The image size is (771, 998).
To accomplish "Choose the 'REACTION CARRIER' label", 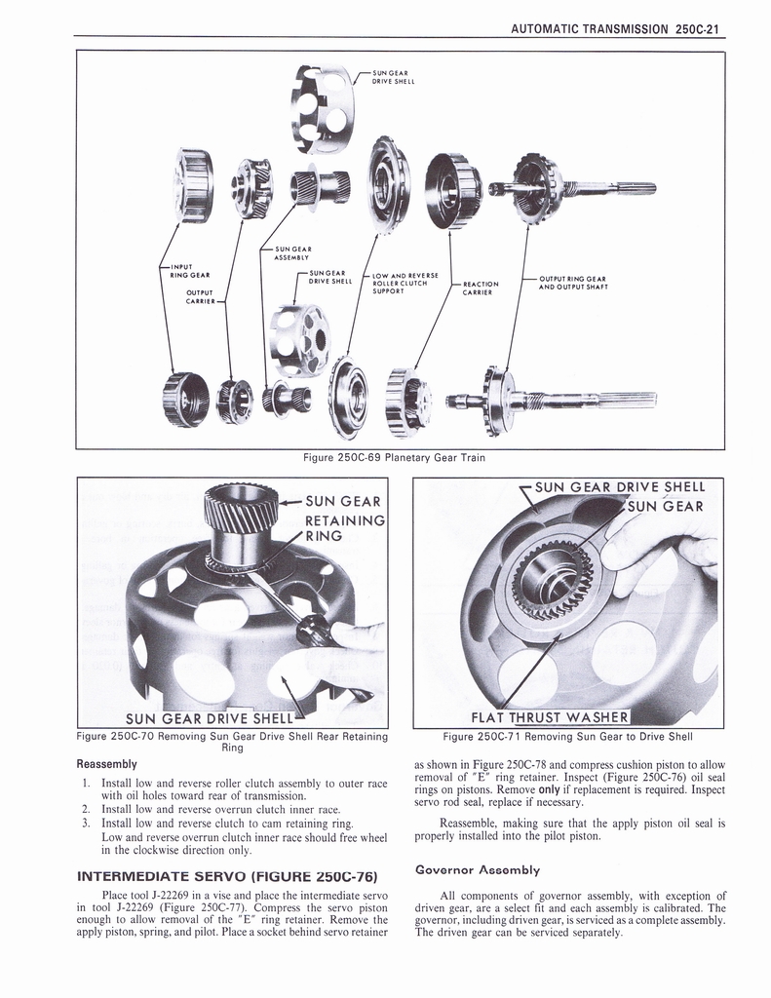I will coord(482,288).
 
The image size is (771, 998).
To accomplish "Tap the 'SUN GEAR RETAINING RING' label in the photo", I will coord(342,518).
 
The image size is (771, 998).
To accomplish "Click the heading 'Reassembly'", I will coord(107,763).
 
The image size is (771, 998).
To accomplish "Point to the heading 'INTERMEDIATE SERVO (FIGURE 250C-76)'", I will coord(227,873).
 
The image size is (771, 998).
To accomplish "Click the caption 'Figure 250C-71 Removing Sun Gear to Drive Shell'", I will coord(567,737).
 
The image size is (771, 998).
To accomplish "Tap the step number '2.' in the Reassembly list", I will coord(87,809).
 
